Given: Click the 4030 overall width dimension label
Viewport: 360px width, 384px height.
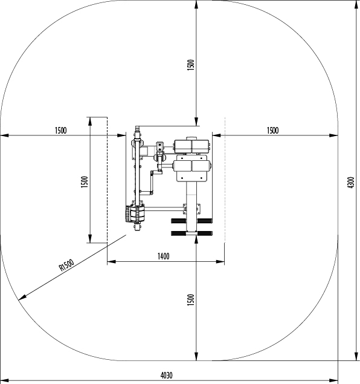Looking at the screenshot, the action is point(167,375).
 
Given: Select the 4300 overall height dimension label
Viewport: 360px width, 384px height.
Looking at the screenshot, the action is point(351,183).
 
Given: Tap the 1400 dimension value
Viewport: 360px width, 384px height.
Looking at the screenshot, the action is point(163,256).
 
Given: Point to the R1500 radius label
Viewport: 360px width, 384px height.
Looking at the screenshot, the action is point(66,265).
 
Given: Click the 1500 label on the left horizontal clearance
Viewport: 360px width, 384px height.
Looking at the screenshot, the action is point(60,131).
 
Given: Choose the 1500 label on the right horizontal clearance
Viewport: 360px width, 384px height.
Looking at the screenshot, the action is point(272,131).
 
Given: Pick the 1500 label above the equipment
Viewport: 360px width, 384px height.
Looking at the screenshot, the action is point(191,65).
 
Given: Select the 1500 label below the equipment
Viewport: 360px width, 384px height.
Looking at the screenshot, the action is point(191,300).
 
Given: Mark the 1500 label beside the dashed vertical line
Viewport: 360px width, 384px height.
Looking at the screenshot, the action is point(85,182).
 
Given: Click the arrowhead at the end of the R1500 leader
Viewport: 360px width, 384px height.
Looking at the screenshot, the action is point(22,298).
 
